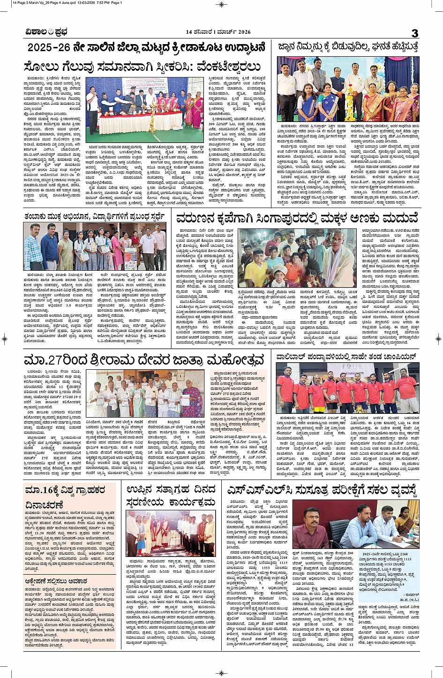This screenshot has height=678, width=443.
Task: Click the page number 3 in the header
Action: [x=414, y=33]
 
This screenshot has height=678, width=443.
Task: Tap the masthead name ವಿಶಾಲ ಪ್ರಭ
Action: [x=47, y=32]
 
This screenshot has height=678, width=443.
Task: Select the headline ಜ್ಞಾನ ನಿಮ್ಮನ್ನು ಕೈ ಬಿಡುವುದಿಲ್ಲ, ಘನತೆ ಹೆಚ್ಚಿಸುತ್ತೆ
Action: [x=347, y=47]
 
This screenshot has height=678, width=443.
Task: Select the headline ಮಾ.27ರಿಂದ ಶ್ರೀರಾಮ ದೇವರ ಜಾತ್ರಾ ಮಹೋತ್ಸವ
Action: [x=144, y=360]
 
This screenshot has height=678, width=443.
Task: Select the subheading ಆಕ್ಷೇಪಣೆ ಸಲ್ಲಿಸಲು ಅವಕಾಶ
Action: [x=56, y=581]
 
